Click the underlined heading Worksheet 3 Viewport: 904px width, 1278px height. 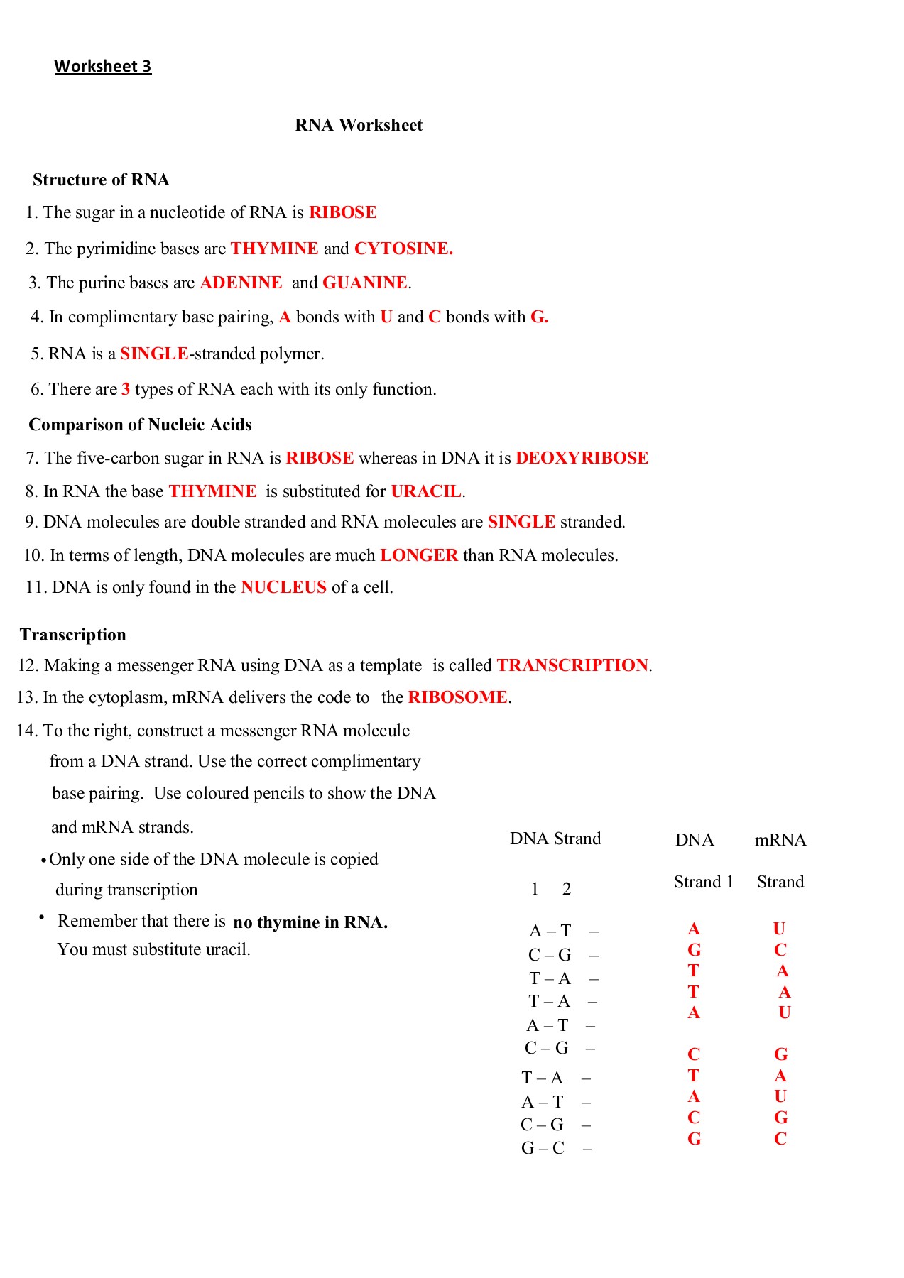(x=103, y=67)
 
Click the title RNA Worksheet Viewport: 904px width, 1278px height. (x=359, y=126)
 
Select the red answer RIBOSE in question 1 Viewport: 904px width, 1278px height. (x=342, y=213)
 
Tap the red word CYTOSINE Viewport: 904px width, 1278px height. (x=403, y=249)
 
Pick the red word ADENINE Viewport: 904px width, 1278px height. (x=241, y=283)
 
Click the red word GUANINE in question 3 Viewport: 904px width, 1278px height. (x=365, y=283)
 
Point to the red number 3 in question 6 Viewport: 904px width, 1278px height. (x=126, y=390)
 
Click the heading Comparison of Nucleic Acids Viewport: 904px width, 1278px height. (x=140, y=425)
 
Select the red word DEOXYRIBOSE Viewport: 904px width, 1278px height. (x=582, y=459)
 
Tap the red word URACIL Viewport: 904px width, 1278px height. (x=426, y=492)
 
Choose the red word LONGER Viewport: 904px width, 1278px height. (x=419, y=556)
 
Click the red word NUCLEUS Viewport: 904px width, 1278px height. (x=283, y=588)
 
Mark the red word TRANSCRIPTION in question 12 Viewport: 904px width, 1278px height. (x=572, y=666)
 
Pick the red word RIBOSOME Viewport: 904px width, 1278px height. (x=457, y=698)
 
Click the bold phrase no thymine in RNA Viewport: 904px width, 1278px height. (x=310, y=923)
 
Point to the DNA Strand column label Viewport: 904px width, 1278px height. (x=555, y=839)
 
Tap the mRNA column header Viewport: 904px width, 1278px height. (x=780, y=841)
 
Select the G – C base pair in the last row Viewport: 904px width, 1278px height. (x=543, y=1149)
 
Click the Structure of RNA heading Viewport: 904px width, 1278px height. (x=101, y=180)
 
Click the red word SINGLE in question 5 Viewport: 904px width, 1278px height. (x=154, y=354)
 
